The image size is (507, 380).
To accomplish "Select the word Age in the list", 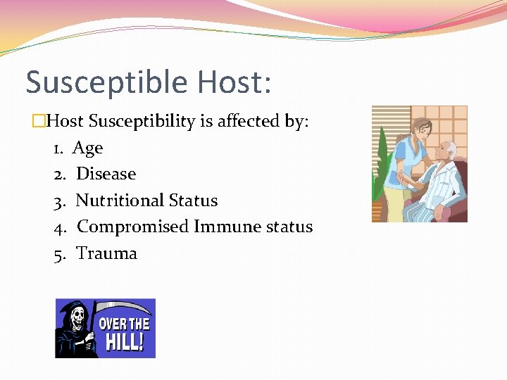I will click(x=88, y=148).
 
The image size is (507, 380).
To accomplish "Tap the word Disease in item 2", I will click(x=106, y=174).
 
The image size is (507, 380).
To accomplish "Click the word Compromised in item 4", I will click(x=133, y=227).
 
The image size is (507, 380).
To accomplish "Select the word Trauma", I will click(x=106, y=253).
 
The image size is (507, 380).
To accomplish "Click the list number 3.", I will click(x=59, y=201).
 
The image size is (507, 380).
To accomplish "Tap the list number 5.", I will click(x=59, y=253).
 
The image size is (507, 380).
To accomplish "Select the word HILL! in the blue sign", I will click(x=125, y=343).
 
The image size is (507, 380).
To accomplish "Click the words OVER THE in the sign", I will click(x=124, y=324).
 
